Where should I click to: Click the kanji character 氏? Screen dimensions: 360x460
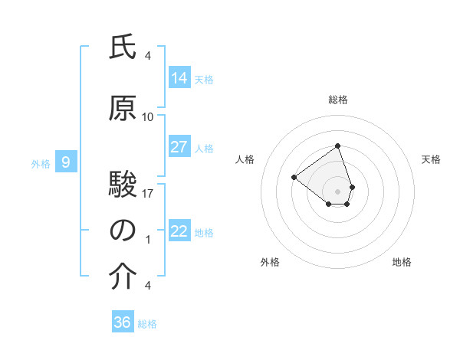123,48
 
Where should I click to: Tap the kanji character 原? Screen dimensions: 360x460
123,109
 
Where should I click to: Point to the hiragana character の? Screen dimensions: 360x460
123,231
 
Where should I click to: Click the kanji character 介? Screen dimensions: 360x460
123,277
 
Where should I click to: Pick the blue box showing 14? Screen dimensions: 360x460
179,77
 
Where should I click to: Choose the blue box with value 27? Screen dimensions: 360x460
179,147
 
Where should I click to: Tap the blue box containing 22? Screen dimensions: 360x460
179,231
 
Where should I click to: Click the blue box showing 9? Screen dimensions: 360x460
67,162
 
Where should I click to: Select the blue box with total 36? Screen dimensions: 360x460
123,322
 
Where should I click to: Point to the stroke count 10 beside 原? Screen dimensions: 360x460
148,117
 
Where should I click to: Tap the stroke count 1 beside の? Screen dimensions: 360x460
148,240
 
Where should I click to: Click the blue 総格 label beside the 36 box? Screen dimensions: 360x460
147,324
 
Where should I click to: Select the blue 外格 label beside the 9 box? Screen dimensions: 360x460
41,163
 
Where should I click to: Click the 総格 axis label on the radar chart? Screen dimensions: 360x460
338,100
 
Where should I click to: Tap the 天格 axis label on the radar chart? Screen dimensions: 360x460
432,159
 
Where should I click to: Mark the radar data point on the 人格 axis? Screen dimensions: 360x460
294,177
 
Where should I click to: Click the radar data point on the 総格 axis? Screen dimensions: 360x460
338,146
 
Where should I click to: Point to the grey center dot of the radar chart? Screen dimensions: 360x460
338,191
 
